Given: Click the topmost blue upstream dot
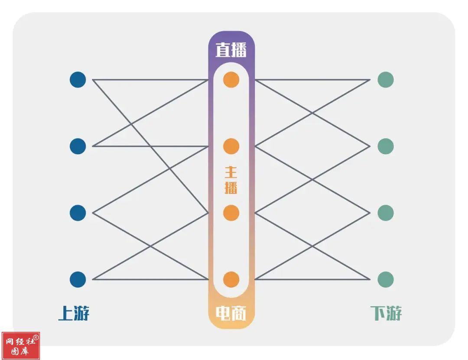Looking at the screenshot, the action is pyautogui.click(x=78, y=80).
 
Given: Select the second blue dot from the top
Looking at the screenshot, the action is pyautogui.click(x=78, y=146).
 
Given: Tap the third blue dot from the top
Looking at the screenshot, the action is pyautogui.click(x=78, y=213).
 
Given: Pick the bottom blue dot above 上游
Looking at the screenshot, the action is pyautogui.click(x=78, y=279).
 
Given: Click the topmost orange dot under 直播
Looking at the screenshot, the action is pyautogui.click(x=231, y=80).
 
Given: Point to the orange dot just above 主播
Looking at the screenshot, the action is pyautogui.click(x=231, y=146).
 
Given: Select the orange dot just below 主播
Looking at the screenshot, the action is pyautogui.click(x=231, y=213).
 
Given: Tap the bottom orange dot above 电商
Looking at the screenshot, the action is pyautogui.click(x=231, y=279).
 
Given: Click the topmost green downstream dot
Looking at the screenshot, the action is pyautogui.click(x=386, y=80).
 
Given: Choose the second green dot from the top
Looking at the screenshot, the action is pyautogui.click(x=386, y=146).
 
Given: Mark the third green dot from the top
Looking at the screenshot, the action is pyautogui.click(x=386, y=213).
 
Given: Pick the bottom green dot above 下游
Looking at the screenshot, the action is pyautogui.click(x=386, y=279).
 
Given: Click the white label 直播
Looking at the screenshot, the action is pyautogui.click(x=231, y=49).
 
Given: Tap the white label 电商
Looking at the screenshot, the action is pyautogui.click(x=231, y=314).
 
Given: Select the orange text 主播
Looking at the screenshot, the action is pyautogui.click(x=231, y=180).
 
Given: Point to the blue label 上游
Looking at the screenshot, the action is pyautogui.click(x=74, y=313).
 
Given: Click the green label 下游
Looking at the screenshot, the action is pyautogui.click(x=386, y=313).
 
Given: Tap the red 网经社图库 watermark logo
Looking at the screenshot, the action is pyautogui.click(x=21, y=346).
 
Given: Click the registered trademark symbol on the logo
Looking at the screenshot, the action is pyautogui.click(x=36, y=337).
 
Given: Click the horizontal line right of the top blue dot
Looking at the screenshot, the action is pyautogui.click(x=150, y=80).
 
